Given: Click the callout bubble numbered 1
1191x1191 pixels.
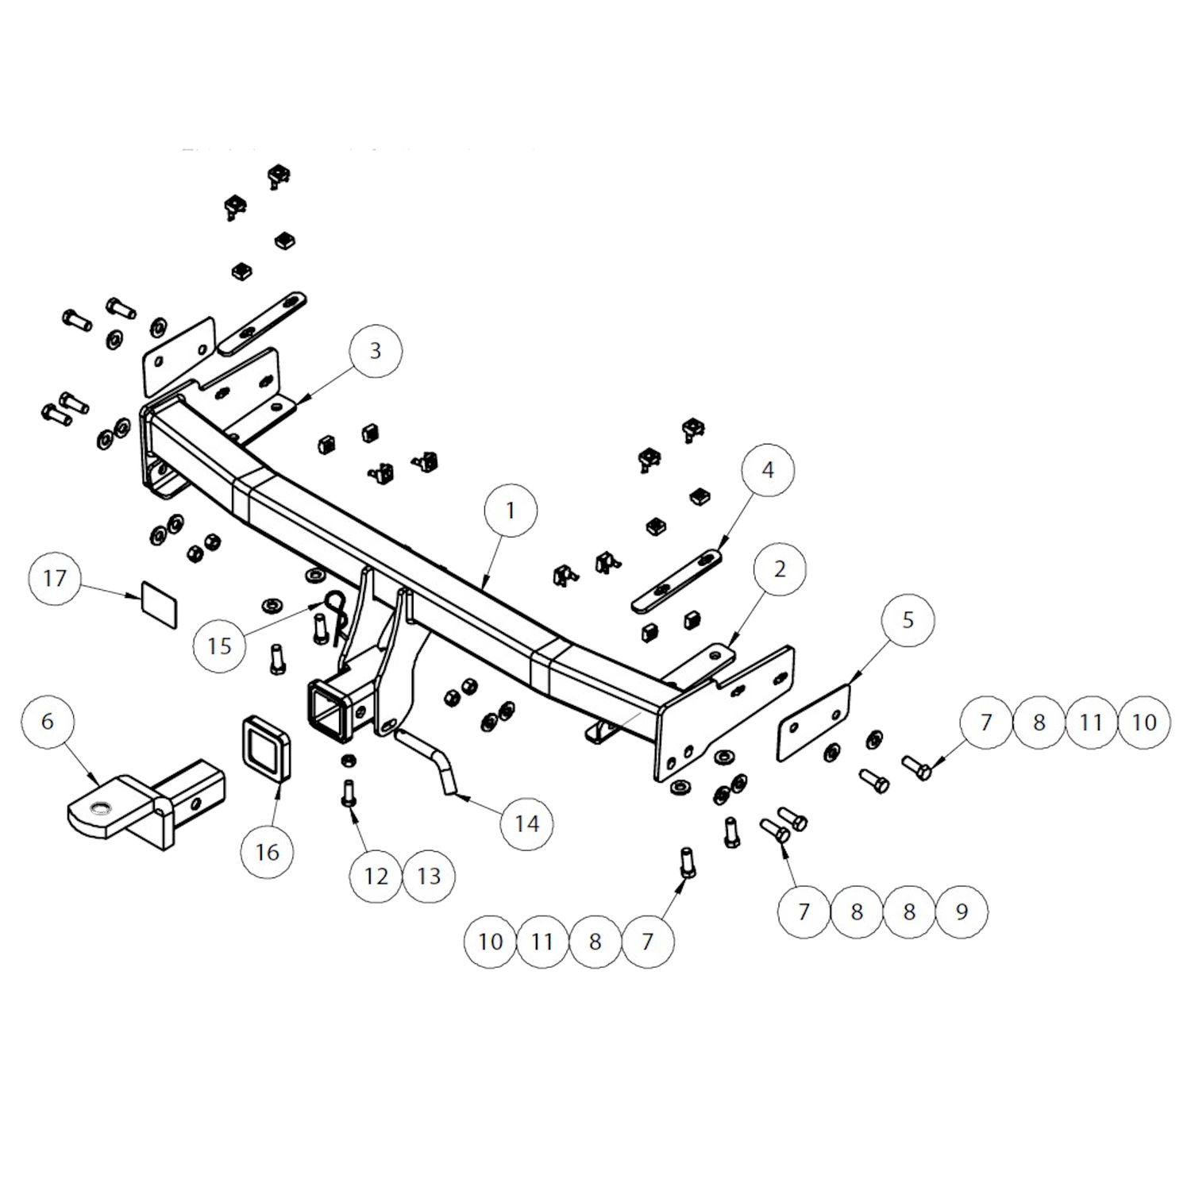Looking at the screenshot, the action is [511, 510].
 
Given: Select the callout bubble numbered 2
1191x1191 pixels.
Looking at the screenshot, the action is [780, 569].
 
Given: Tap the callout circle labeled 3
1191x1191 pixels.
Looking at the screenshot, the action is [376, 350].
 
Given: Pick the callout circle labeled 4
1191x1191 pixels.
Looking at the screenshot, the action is [768, 470].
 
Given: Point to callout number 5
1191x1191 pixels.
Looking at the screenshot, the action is [908, 620].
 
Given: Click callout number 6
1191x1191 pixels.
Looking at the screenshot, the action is [48, 721].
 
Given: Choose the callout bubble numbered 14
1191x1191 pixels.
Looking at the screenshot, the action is [527, 823].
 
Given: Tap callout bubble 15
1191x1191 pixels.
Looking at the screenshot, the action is [220, 646].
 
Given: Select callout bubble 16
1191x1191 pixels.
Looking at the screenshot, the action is [268, 852].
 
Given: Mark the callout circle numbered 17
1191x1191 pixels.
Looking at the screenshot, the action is [55, 578].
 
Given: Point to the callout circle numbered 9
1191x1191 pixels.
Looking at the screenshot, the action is [962, 912].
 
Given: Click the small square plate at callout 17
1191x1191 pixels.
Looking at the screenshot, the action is [160, 603].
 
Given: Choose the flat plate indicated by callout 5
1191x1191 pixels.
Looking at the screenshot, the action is [814, 723].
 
